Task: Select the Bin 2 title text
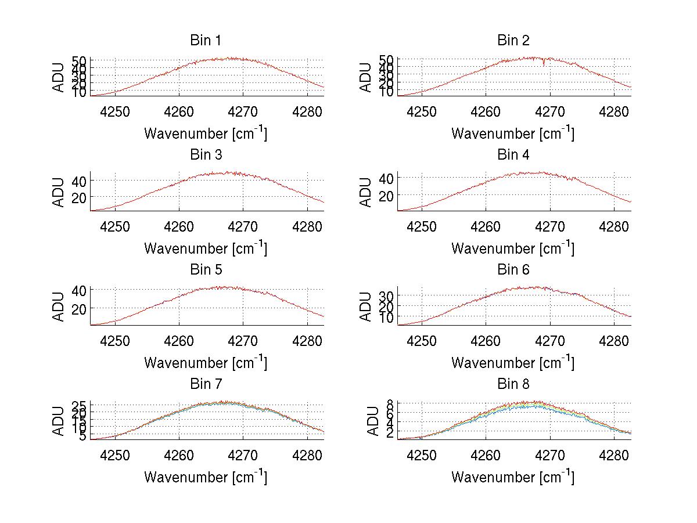tap(513, 41)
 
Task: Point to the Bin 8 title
tap(513, 384)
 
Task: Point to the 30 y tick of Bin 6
tap(386, 295)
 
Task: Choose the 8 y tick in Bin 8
tap(390, 404)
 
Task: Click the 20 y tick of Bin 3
tap(79, 198)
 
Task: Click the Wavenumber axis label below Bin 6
tap(513, 363)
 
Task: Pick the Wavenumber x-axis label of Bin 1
tap(205, 134)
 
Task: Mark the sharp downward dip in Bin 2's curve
tap(544, 64)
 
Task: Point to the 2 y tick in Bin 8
tap(390, 432)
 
